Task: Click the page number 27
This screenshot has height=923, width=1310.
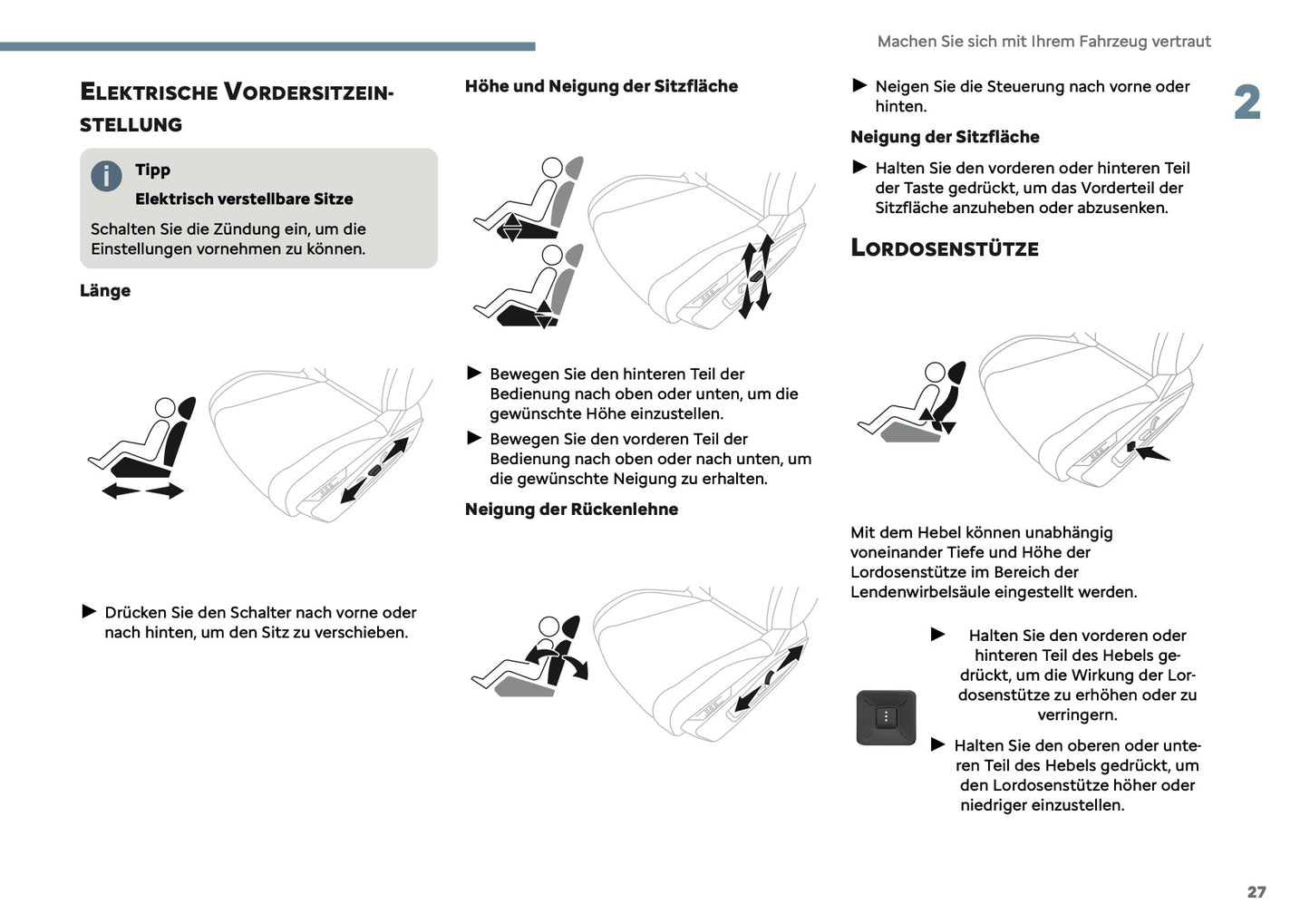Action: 1256,892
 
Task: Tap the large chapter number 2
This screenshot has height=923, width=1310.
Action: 1247,102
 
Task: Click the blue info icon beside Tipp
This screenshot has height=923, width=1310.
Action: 106,176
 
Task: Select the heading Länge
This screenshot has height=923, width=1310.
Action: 105,291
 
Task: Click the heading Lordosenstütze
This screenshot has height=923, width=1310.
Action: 944,248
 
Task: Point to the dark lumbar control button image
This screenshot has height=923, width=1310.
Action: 886,717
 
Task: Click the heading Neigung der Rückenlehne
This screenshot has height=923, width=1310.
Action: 571,510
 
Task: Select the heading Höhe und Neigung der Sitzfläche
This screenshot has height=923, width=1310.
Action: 601,86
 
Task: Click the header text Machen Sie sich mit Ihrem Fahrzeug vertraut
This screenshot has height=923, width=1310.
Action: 1043,42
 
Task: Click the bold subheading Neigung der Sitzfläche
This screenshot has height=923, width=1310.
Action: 945,137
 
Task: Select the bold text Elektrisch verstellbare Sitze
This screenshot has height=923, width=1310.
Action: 244,199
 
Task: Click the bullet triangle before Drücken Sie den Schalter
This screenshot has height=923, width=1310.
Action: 89,612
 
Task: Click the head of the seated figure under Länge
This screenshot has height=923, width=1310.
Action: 164,408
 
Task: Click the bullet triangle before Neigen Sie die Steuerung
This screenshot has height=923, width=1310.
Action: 859,86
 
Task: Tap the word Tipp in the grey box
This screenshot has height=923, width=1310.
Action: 152,170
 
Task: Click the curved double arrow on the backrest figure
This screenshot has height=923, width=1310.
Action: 558,662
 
